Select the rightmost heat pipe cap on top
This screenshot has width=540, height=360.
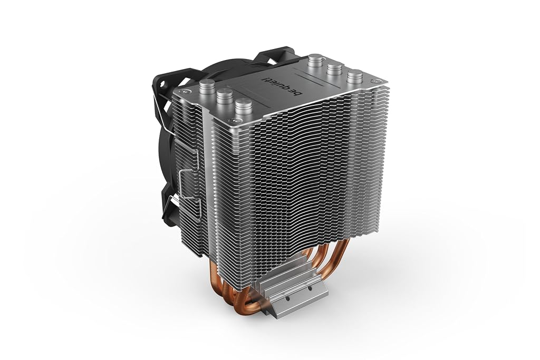(355, 77)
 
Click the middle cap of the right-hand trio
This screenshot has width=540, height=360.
(334, 69)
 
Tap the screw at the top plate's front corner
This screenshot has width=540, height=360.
(236, 121)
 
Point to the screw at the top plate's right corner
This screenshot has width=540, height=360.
(374, 81)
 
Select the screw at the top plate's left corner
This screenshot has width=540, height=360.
(185, 92)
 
